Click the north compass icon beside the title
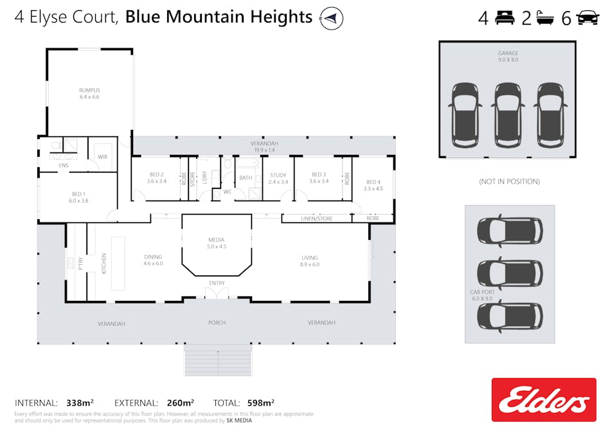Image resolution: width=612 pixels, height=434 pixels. pos(331,18)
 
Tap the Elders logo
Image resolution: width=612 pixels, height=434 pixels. pos(544,400)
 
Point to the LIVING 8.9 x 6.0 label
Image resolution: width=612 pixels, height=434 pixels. pos(309,261)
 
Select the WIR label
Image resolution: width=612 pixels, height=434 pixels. pos(103,157)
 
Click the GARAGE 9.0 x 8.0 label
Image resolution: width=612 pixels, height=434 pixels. pos(508,56)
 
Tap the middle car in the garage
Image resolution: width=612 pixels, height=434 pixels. pos(508,115)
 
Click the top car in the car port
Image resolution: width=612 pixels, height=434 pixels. pos(510,231)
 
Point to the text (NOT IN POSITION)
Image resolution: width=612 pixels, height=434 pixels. pos(509,181)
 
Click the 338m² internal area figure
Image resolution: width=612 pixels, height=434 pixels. pos(80,402)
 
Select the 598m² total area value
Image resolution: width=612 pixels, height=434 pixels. pos(261,402)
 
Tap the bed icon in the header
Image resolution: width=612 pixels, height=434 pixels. pos(505,18)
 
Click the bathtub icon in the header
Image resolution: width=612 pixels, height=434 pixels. pos(545,18)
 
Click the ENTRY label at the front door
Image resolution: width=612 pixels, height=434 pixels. pos(217,283)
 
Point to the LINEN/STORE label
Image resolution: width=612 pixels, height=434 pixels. pos(316,219)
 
